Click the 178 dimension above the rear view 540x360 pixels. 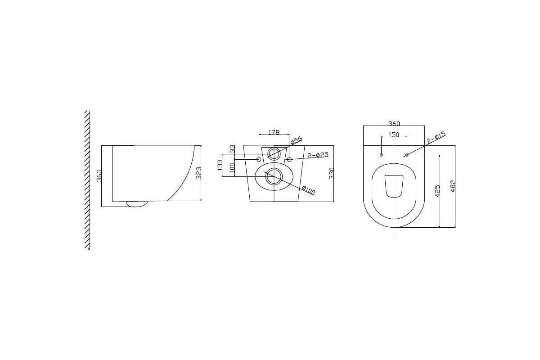click(x=274, y=132)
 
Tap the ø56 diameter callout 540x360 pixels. click(x=296, y=140)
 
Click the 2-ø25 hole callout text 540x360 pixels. click(x=318, y=155)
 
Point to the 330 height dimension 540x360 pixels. click(x=331, y=173)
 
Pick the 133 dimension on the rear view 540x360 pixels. click(x=220, y=165)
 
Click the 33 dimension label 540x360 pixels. click(x=233, y=149)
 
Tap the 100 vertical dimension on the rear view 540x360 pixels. click(x=233, y=167)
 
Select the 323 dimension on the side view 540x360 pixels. click(x=198, y=173)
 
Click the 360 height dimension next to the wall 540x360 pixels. click(x=99, y=175)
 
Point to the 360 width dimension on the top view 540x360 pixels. click(x=394, y=124)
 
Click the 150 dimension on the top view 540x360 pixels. click(x=394, y=134)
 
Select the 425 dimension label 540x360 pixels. click(x=437, y=191)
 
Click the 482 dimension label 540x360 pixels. click(x=453, y=187)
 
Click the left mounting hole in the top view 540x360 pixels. click(x=381, y=155)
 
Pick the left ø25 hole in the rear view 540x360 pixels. click(x=259, y=159)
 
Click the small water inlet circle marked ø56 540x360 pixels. click(x=273, y=153)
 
